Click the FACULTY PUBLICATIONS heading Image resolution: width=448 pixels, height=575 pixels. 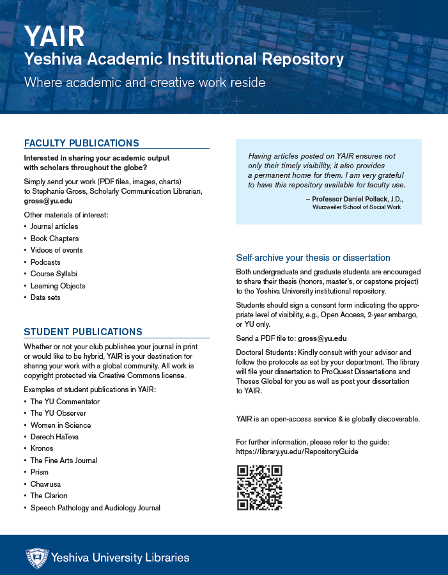coord(81,143)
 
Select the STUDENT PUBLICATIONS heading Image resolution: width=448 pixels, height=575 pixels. coord(83,332)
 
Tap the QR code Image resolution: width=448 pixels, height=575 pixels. coord(259,488)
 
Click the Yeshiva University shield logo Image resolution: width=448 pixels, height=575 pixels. coord(37,558)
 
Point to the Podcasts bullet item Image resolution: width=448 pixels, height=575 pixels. coord(45,262)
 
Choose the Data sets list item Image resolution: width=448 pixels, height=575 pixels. coord(45,297)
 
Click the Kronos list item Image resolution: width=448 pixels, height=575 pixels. coord(42,448)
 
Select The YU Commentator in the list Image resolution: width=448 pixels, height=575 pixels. coord(65,402)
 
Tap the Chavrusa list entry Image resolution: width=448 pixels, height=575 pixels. coord(45,484)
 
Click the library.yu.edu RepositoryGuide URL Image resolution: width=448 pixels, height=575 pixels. coord(297,452)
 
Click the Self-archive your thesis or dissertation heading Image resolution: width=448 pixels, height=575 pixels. coord(313,258)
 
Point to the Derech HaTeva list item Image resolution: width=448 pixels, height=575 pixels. coord(55,437)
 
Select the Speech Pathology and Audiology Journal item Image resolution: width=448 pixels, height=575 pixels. coord(95,508)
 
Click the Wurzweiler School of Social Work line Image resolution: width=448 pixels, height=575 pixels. coord(357,208)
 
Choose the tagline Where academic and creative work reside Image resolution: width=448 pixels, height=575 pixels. coord(144,83)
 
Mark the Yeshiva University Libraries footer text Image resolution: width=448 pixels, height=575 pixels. coord(121,558)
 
